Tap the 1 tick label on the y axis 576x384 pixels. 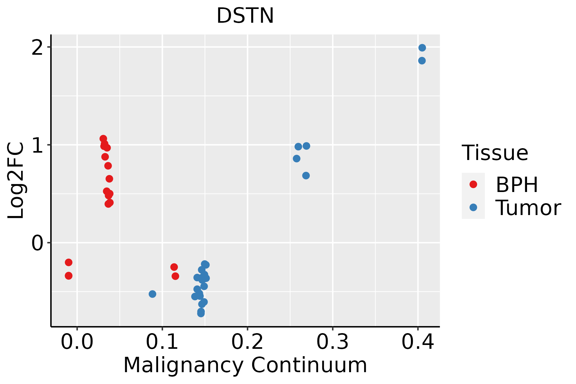pos(38,145)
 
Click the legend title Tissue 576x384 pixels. pos(495,153)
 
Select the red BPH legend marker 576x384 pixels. pos(473,184)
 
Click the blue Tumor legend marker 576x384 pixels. pos(473,207)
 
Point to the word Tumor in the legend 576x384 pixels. pos(528,208)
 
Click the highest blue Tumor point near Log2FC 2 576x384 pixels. pos(422,48)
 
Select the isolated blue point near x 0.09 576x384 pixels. pos(152,294)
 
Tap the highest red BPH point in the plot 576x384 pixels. pos(103,139)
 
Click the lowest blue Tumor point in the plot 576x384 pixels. pos(201,313)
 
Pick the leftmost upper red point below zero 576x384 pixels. pos(68,262)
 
